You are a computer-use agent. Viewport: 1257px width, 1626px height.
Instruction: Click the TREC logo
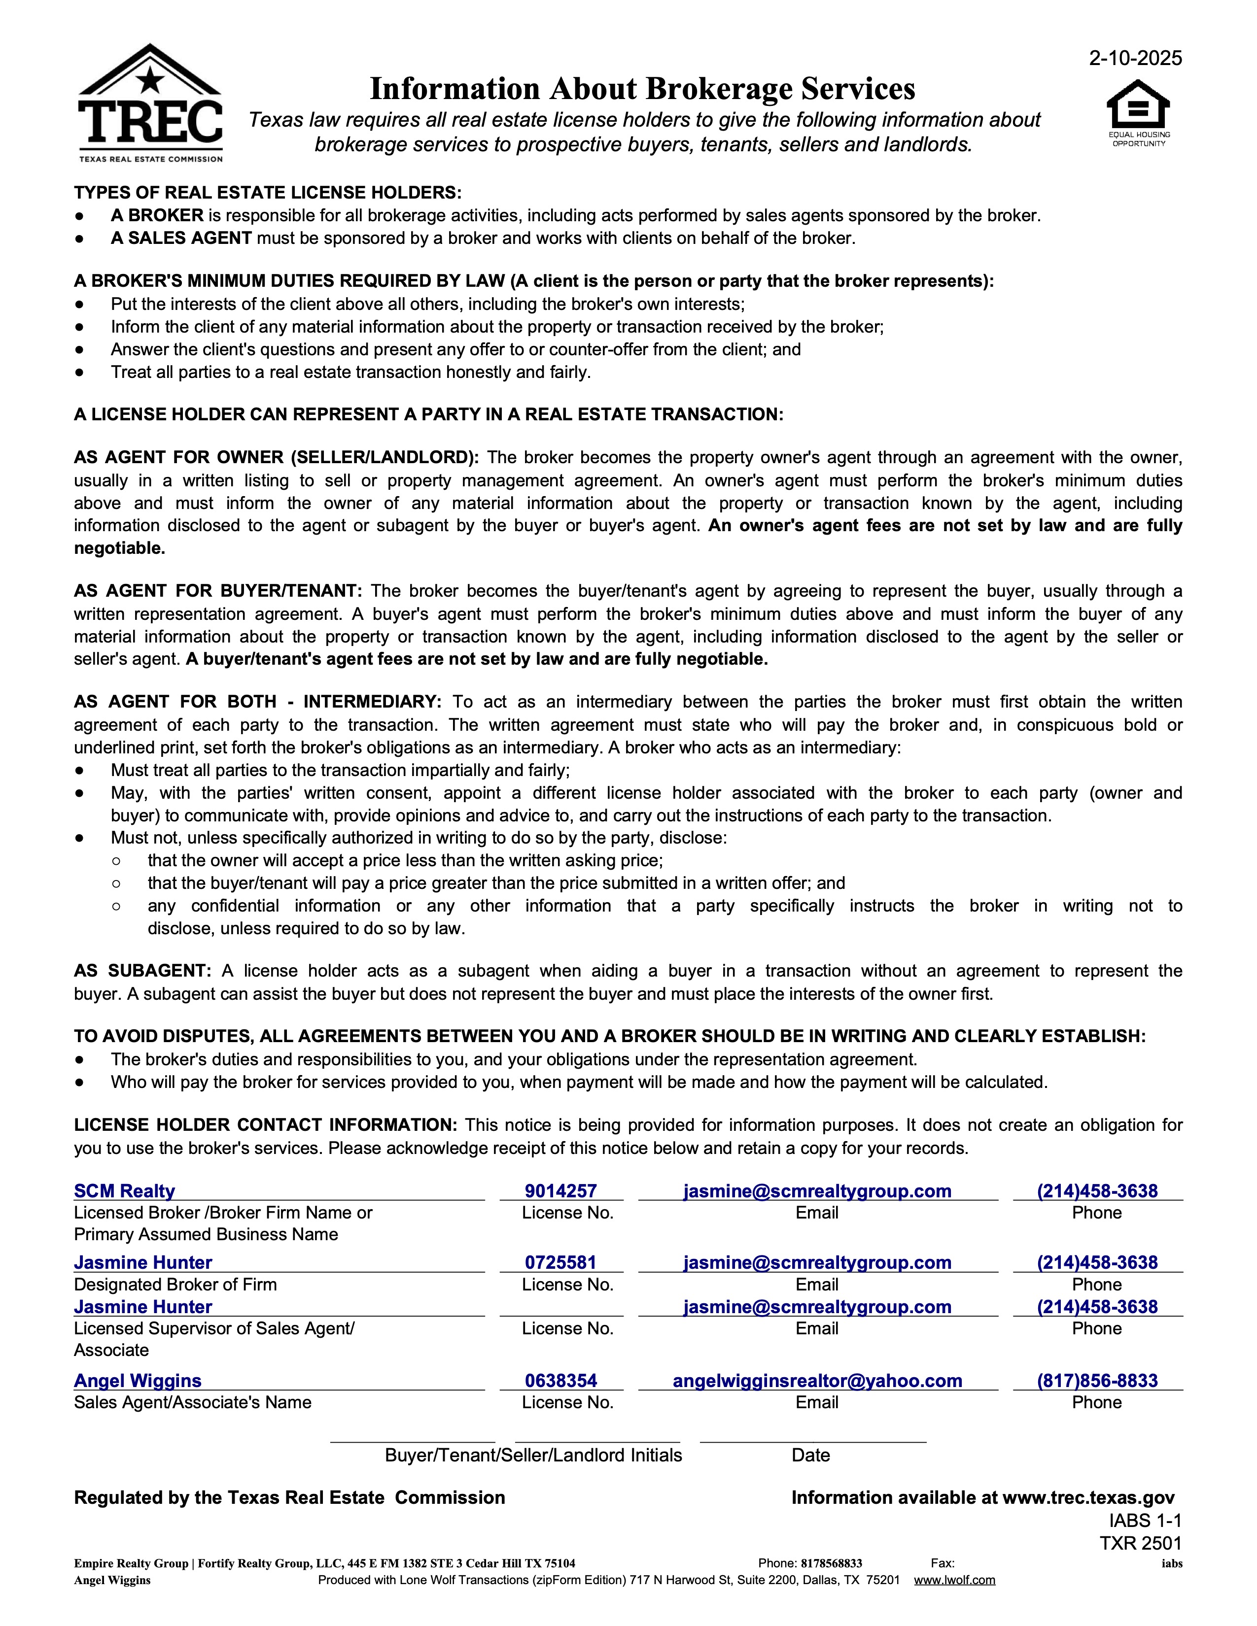click(x=150, y=104)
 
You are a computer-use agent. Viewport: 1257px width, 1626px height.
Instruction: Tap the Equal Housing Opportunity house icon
click(x=1138, y=106)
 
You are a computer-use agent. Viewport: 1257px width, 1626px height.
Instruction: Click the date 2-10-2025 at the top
click(x=1135, y=58)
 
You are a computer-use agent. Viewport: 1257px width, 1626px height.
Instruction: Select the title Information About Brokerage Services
click(x=642, y=89)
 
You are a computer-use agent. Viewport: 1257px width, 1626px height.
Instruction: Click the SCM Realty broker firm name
click(x=124, y=1191)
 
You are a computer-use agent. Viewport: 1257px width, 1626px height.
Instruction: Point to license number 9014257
click(x=561, y=1191)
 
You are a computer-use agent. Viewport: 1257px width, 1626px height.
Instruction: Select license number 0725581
click(x=561, y=1263)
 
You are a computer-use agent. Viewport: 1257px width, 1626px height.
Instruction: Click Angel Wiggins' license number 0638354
click(x=561, y=1381)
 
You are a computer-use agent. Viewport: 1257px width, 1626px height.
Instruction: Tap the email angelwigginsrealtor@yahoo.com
click(x=817, y=1381)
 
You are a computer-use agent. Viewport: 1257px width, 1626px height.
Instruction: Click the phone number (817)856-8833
click(x=1097, y=1381)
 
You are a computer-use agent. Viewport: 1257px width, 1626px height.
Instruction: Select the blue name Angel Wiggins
click(x=138, y=1381)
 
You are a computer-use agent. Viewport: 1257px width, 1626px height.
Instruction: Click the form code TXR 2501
click(x=1140, y=1543)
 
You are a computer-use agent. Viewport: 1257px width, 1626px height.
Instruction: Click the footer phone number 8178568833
click(x=831, y=1563)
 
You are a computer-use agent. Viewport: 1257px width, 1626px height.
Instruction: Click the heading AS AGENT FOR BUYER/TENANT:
click(x=217, y=592)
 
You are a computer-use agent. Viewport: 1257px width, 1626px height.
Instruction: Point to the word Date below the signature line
click(x=810, y=1456)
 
